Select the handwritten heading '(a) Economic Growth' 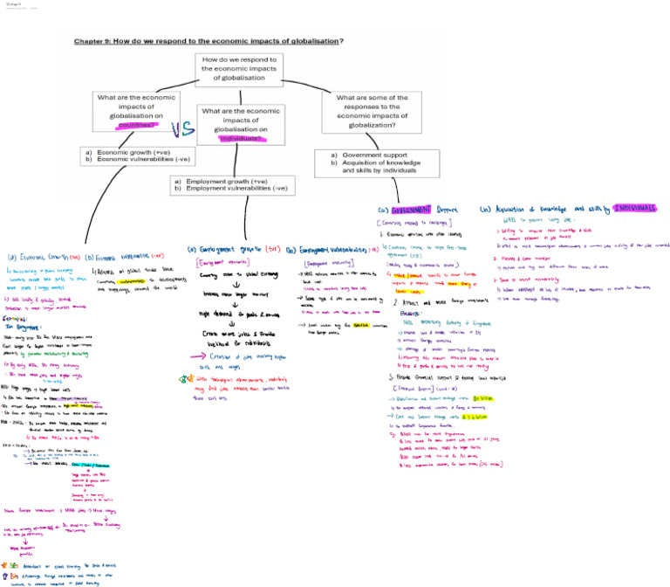point(44,257)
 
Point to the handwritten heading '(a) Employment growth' point(231,249)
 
